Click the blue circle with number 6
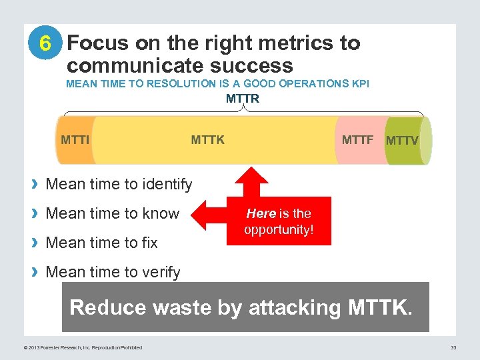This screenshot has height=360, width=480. pyautogui.click(x=45, y=43)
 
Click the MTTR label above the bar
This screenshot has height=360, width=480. pyautogui.click(x=243, y=99)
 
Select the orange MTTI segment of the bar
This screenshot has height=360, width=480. pyautogui.click(x=75, y=140)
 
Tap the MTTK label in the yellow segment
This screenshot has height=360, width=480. pyautogui.click(x=208, y=140)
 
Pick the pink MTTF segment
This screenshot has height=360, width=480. pyautogui.click(x=358, y=140)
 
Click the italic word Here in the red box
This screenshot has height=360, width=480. pyautogui.click(x=261, y=213)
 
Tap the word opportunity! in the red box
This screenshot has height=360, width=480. pyautogui.click(x=278, y=229)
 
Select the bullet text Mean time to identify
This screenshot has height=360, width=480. pyautogui.click(x=119, y=184)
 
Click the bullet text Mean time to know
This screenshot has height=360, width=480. pyautogui.click(x=112, y=213)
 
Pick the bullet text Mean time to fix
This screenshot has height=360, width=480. pyautogui.click(x=101, y=243)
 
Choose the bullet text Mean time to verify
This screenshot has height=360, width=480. pyautogui.click(x=113, y=272)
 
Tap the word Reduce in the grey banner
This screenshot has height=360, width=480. pyautogui.click(x=107, y=307)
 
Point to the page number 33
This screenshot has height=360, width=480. pyautogui.click(x=453, y=347)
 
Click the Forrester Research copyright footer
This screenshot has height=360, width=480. pyautogui.click(x=83, y=347)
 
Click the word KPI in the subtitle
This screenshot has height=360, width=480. pyautogui.click(x=359, y=84)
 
